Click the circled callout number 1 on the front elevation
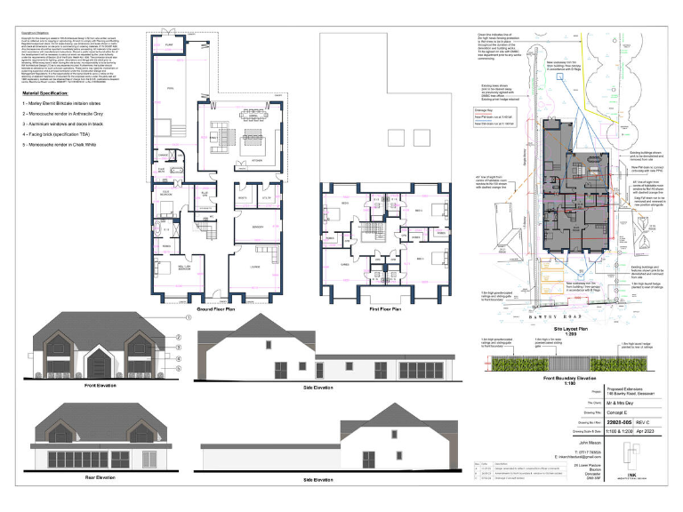coord(189,317)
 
